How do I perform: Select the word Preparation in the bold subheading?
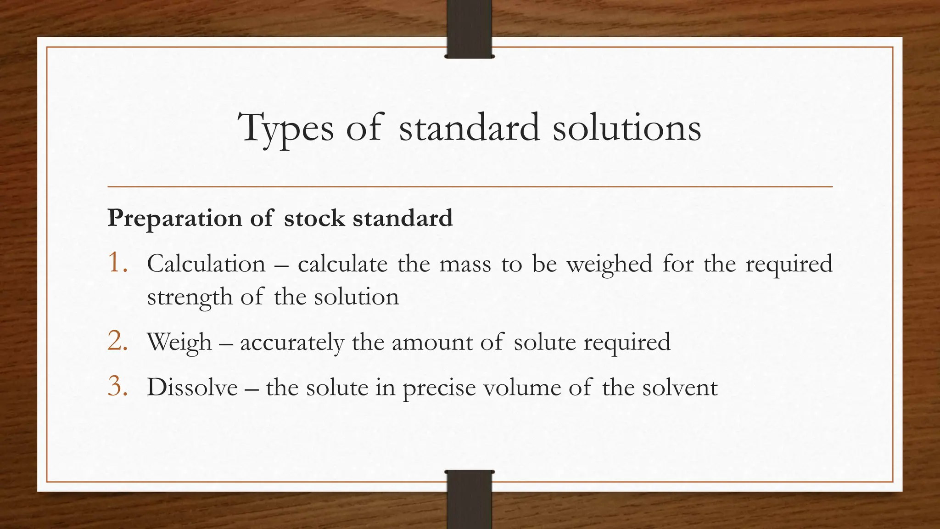click(x=174, y=218)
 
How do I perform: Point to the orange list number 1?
click(x=117, y=264)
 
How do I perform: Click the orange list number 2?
click(x=117, y=342)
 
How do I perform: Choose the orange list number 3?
click(x=117, y=387)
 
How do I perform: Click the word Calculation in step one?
click(x=206, y=264)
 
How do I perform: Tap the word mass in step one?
click(x=465, y=264)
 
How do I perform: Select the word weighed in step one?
click(x=609, y=265)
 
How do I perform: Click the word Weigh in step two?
click(x=179, y=343)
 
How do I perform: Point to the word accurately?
click(x=291, y=343)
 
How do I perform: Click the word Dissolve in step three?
click(x=192, y=387)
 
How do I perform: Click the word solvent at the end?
click(x=680, y=387)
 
